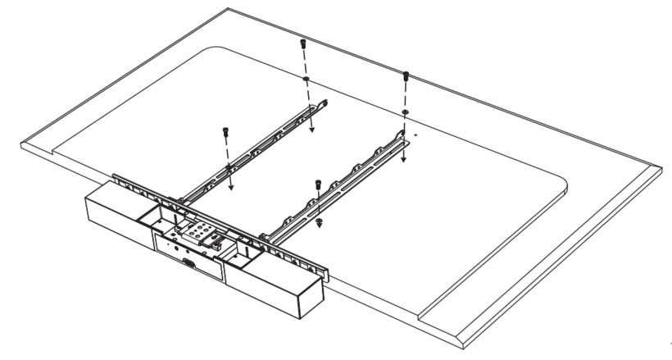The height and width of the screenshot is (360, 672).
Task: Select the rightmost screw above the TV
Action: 405,76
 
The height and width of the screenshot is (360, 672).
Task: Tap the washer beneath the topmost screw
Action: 305,80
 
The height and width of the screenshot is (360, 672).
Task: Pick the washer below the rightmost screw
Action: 406,112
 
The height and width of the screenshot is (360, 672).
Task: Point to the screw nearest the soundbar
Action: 315,185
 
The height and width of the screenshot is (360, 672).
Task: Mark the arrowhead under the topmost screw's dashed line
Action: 311,128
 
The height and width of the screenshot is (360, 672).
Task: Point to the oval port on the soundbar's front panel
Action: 188,265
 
